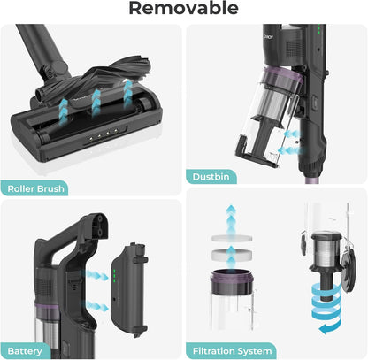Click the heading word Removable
pyautogui.click(x=183, y=9)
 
